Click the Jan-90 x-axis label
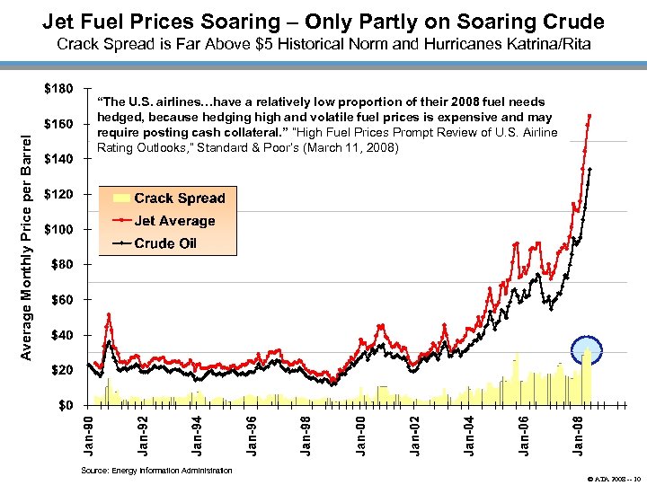click(87, 435)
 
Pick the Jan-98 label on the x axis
click(306, 435)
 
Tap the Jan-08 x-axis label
click(580, 435)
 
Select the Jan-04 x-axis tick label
click(470, 435)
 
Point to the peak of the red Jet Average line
click(589, 116)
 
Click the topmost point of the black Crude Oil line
click(589, 169)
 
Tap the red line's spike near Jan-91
click(109, 314)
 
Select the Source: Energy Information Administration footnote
click(155, 471)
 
